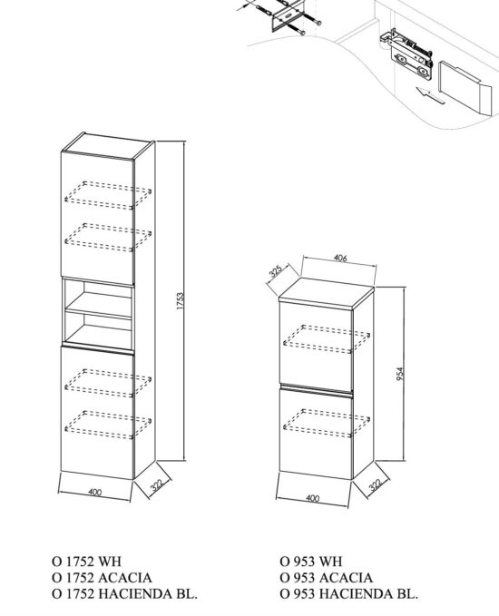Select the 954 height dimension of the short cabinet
click(398, 374)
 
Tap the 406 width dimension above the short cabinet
click(340, 259)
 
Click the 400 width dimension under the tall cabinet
click(94, 493)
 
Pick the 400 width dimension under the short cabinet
click(313, 498)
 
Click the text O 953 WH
click(313, 562)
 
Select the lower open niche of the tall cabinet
click(97, 327)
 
